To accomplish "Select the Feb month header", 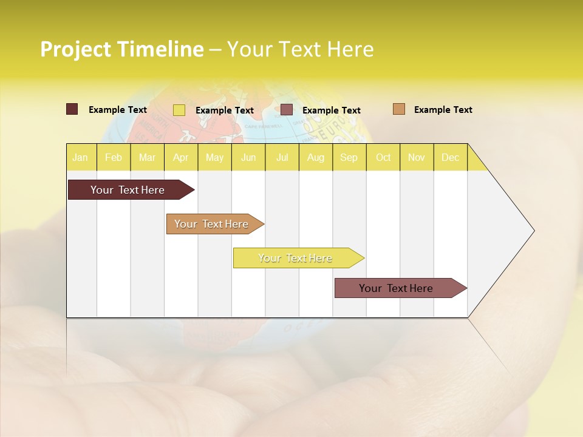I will [x=114, y=157].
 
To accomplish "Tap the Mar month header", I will [x=147, y=157].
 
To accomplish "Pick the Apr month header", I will [x=181, y=157].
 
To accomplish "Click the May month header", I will [x=214, y=157].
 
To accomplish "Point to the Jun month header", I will [x=248, y=157].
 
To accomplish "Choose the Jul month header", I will [x=282, y=157].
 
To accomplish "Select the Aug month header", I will [x=316, y=157].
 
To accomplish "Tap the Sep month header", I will [x=349, y=157].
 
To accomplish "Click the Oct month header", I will [x=383, y=157].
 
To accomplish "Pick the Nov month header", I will [x=417, y=157].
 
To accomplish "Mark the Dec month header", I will [x=451, y=157].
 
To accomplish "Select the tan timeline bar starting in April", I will [x=213, y=224].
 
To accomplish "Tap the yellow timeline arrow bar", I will [x=296, y=258].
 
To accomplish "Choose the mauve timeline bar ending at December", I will [x=398, y=288].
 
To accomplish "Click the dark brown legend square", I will [x=72, y=109].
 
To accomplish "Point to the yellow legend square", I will [x=179, y=110].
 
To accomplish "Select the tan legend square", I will [x=399, y=109].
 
